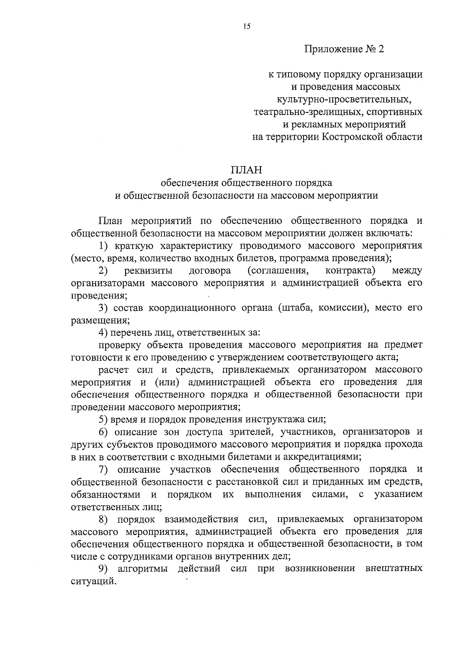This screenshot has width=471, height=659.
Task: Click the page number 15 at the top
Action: [x=246, y=27]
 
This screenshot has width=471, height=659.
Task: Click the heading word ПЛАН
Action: [x=246, y=170]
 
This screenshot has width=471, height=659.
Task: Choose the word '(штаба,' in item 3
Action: [x=295, y=308]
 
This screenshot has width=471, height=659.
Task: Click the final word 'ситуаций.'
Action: [x=94, y=581]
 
